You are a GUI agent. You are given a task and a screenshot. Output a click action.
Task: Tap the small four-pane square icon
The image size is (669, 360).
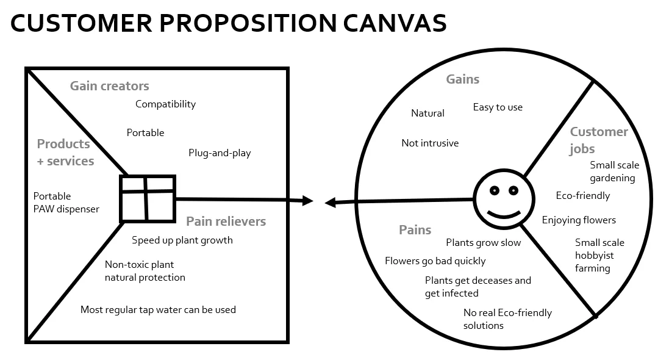(148, 198)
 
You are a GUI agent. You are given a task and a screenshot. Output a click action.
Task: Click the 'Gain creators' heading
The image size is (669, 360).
(109, 86)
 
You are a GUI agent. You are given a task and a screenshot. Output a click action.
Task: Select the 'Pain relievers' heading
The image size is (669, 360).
(226, 221)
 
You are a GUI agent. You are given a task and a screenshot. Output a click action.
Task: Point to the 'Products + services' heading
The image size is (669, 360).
(65, 153)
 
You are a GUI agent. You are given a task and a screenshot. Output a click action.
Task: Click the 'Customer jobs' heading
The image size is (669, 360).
(598, 140)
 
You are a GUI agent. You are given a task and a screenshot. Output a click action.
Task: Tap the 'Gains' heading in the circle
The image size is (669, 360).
(462, 79)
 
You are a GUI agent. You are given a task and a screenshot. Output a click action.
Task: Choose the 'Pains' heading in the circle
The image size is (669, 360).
(415, 230)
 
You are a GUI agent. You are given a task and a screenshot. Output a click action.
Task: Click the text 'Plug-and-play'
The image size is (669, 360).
(220, 153)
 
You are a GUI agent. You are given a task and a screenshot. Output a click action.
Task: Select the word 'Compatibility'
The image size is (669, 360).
(165, 104)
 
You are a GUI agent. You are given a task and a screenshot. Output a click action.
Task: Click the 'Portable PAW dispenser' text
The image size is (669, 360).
(66, 203)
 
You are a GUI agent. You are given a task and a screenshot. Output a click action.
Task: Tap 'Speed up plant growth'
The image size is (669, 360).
(182, 240)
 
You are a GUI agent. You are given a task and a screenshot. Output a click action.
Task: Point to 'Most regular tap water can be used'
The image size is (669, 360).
(158, 310)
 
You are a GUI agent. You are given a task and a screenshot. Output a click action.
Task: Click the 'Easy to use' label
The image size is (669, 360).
(498, 107)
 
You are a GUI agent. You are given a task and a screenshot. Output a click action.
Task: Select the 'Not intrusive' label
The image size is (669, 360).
(430, 143)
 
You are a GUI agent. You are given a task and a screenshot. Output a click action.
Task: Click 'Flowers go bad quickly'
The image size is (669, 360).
(435, 261)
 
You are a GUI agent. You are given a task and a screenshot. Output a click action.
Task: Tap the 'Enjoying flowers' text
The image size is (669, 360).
(579, 220)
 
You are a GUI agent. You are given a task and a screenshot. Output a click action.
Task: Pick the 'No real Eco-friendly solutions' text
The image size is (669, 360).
(507, 319)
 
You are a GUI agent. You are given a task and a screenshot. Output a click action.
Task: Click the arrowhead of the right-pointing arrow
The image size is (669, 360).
(308, 201)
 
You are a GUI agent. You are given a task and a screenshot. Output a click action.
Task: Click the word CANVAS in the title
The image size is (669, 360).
(394, 23)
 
